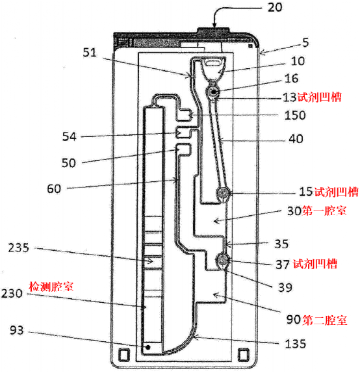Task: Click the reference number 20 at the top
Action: point(275,7)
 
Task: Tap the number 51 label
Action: point(90,53)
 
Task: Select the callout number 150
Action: point(295,115)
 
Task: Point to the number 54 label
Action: point(70,136)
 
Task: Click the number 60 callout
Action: point(54,189)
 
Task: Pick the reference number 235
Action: point(19,248)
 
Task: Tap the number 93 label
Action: point(17,330)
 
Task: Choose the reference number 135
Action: point(295,344)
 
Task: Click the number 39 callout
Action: point(285,288)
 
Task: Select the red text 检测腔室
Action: point(51,287)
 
